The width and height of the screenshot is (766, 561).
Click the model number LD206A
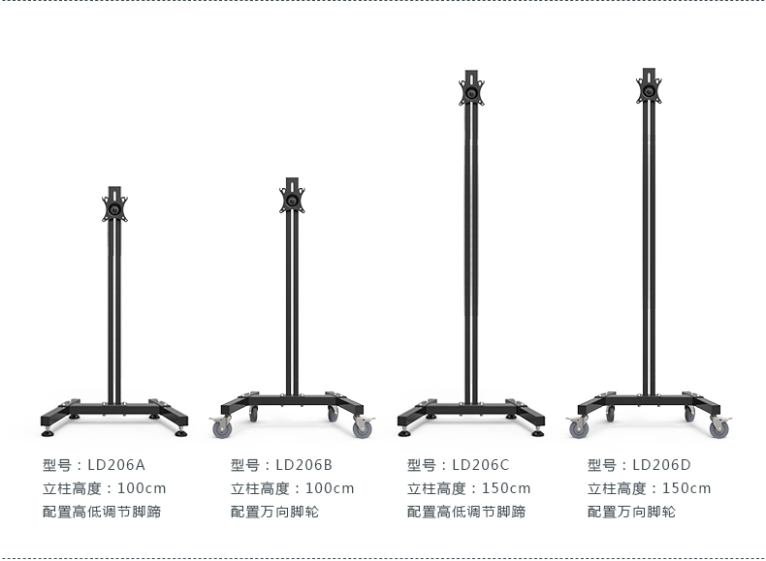tap(116, 464)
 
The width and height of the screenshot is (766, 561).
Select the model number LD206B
tap(304, 464)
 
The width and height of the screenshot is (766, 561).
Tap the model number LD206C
tap(481, 464)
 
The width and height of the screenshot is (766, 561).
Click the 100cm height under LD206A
tap(142, 488)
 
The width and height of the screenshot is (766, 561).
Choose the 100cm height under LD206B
tap(330, 488)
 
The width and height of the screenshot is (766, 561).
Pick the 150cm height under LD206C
tap(506, 488)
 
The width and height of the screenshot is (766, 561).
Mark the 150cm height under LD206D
tap(686, 488)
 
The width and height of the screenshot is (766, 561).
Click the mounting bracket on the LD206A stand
tap(115, 208)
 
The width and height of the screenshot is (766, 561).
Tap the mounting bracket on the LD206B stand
tap(292, 199)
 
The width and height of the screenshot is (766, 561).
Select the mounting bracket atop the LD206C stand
tap(471, 93)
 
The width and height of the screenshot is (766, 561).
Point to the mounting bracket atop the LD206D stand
tap(649, 91)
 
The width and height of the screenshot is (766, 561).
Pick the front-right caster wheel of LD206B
tap(364, 426)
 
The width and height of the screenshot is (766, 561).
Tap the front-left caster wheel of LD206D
tap(579, 427)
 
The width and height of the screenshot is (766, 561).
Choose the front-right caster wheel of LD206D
tap(719, 427)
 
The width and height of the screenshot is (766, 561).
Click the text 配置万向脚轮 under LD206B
tap(274, 513)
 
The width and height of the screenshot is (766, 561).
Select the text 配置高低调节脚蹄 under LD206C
tap(466, 513)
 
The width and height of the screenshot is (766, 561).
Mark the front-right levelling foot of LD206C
tap(537, 429)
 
